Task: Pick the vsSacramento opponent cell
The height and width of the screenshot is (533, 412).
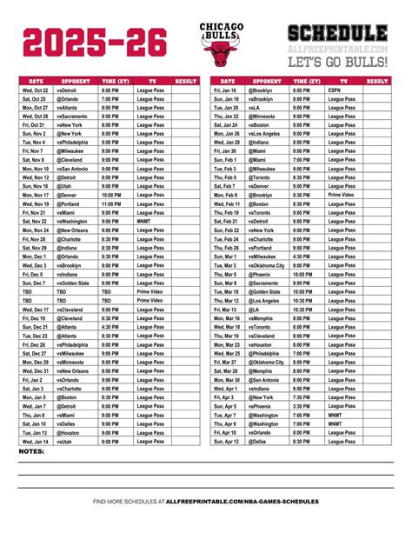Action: tap(72, 116)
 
